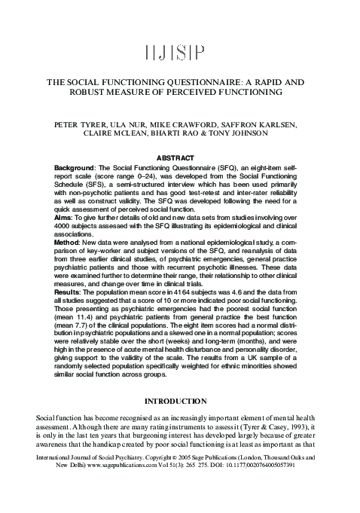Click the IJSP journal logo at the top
(180, 52)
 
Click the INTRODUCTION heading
(180, 402)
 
